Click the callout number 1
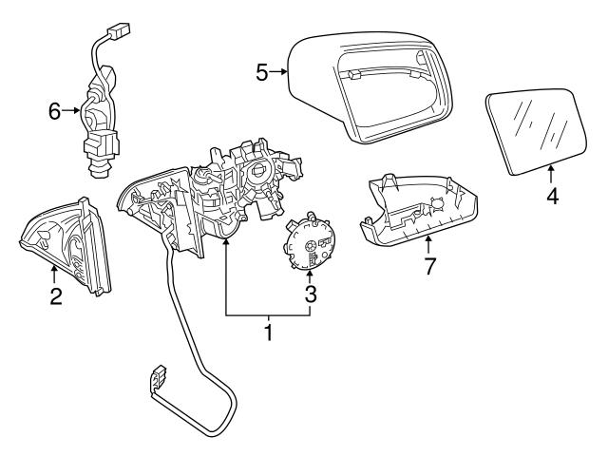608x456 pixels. (x=269, y=332)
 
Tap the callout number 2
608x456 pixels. (x=56, y=296)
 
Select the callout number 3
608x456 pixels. (x=310, y=294)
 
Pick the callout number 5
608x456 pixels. (x=262, y=71)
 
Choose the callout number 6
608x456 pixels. (x=54, y=111)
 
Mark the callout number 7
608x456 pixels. (x=429, y=266)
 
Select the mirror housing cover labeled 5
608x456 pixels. (x=370, y=85)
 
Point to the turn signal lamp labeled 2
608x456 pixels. (x=65, y=245)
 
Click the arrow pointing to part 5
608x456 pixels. (x=279, y=71)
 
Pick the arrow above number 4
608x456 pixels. (x=552, y=171)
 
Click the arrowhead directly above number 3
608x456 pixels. (x=310, y=273)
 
